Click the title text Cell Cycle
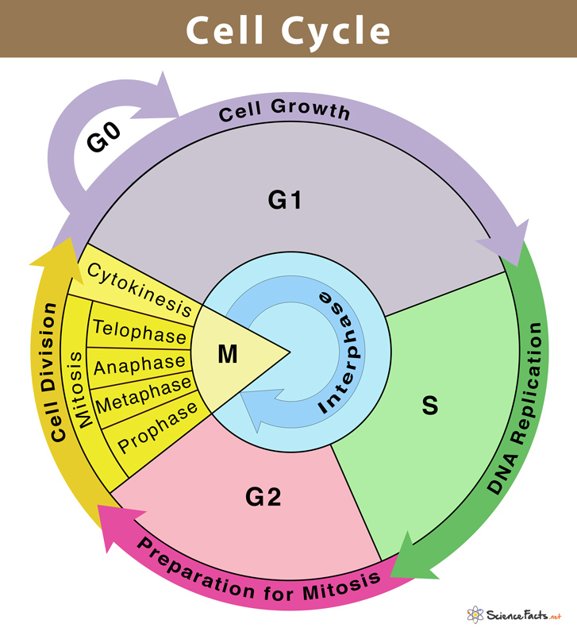pyautogui.click(x=288, y=30)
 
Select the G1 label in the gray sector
pyautogui.click(x=285, y=201)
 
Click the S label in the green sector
pyautogui.click(x=429, y=405)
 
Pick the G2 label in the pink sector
pyautogui.click(x=263, y=498)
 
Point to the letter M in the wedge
pyautogui.click(x=228, y=354)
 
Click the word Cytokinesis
pyautogui.click(x=140, y=288)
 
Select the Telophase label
pyautogui.click(x=139, y=331)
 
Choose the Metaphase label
pyautogui.click(x=144, y=395)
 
